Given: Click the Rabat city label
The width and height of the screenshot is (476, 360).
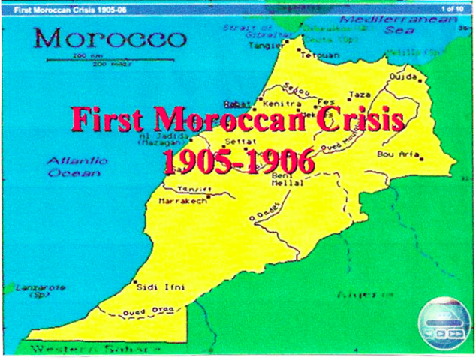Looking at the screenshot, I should click(x=236, y=104).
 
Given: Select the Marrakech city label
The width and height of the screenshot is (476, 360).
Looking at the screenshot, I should click(x=182, y=202).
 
